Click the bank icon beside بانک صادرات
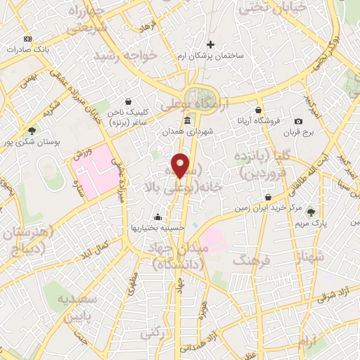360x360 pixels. (27, 39)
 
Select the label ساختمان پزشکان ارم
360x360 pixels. (210, 56)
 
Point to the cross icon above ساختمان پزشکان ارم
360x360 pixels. (210, 45)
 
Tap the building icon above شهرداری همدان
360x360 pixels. (187, 121)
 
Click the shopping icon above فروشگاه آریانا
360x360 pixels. (259, 109)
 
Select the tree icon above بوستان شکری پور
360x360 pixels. (32, 130)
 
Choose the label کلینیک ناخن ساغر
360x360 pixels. (128, 117)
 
